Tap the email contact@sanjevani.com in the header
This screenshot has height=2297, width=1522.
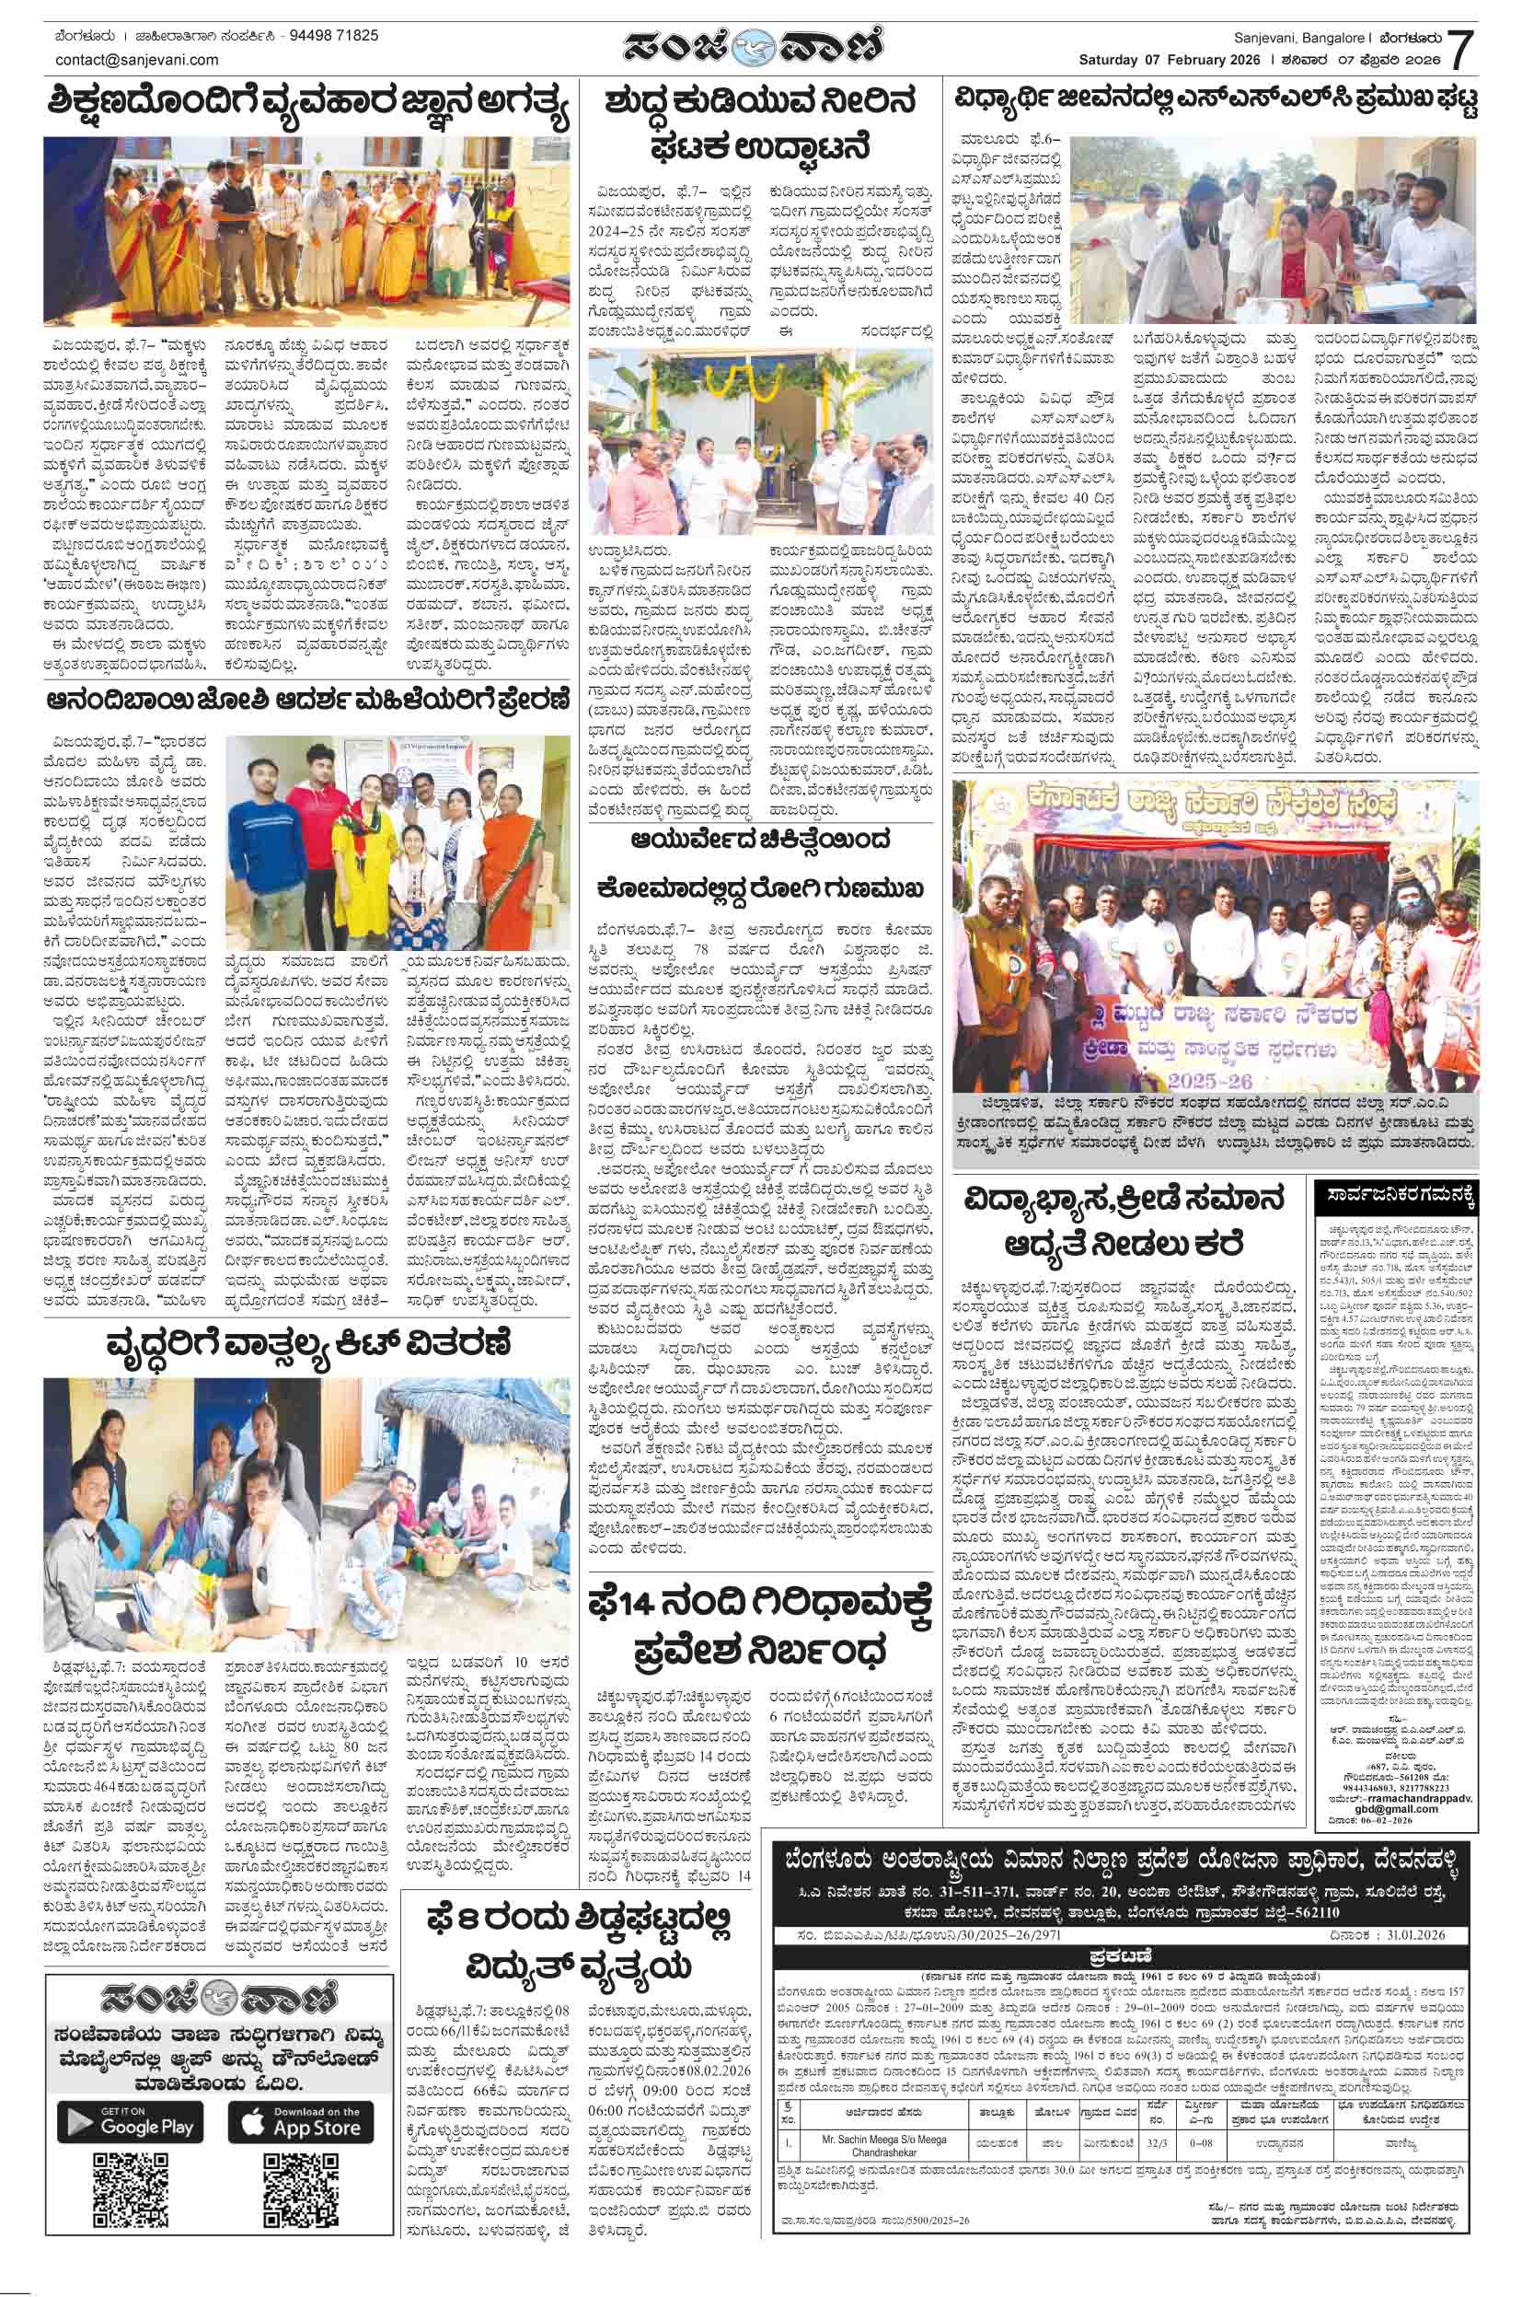pos(137,59)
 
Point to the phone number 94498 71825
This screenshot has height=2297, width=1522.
pos(335,36)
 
